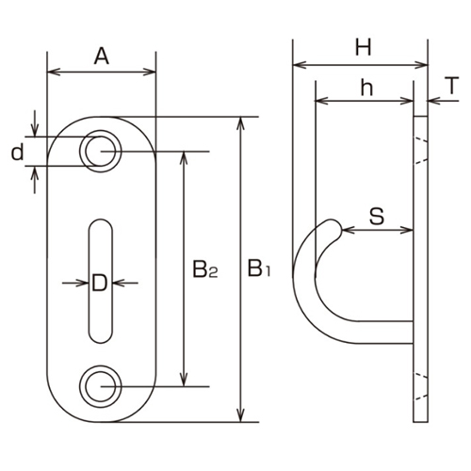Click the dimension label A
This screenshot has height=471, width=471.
coord(102,57)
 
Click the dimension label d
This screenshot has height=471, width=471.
coord(16,152)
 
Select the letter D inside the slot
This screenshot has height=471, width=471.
coord(100,283)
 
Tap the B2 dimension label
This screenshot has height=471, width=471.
coord(205,272)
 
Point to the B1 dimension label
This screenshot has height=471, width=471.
coord(259,272)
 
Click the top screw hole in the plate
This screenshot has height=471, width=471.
coord(100,149)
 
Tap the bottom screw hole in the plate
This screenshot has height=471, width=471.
coord(100,386)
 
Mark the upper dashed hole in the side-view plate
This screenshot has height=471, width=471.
coord(420,148)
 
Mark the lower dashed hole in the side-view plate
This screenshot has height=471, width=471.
coord(420,386)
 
